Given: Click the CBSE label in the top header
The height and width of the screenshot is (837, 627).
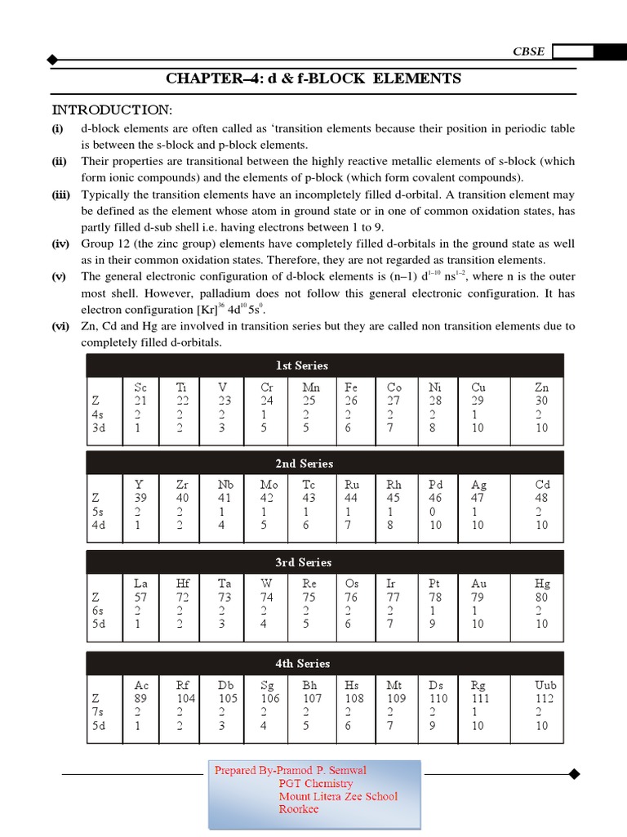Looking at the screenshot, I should (528, 51).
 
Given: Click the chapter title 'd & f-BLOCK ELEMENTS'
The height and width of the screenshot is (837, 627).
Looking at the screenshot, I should (313, 78).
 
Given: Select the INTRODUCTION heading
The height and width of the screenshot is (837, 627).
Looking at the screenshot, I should (112, 110).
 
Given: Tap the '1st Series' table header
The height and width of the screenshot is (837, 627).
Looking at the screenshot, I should (301, 365).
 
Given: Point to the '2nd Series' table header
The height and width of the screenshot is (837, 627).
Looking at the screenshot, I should (304, 463).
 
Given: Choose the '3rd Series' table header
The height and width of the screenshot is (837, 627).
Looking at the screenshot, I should (303, 562).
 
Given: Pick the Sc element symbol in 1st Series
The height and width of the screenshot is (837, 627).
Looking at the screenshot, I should (140, 387).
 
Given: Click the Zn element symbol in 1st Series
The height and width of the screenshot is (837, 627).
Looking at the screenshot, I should (542, 387).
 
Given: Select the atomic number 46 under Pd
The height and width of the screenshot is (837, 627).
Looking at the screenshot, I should (436, 498).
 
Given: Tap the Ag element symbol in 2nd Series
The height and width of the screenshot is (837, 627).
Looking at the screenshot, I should (478, 484).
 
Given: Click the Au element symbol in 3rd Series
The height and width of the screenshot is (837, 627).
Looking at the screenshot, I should (478, 584).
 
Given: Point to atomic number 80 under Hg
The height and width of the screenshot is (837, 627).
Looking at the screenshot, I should (542, 598).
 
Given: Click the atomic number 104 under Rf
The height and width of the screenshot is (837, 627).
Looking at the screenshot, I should (185, 699).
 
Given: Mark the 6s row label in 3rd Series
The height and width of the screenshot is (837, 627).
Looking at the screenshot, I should (98, 611).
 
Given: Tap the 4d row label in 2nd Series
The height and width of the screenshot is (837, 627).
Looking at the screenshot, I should (98, 526).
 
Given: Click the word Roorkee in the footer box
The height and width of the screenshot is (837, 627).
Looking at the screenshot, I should (299, 809).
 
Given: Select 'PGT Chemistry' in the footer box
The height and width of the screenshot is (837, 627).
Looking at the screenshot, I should (316, 783).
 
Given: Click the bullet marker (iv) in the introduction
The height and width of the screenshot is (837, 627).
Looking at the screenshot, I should (60, 244).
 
